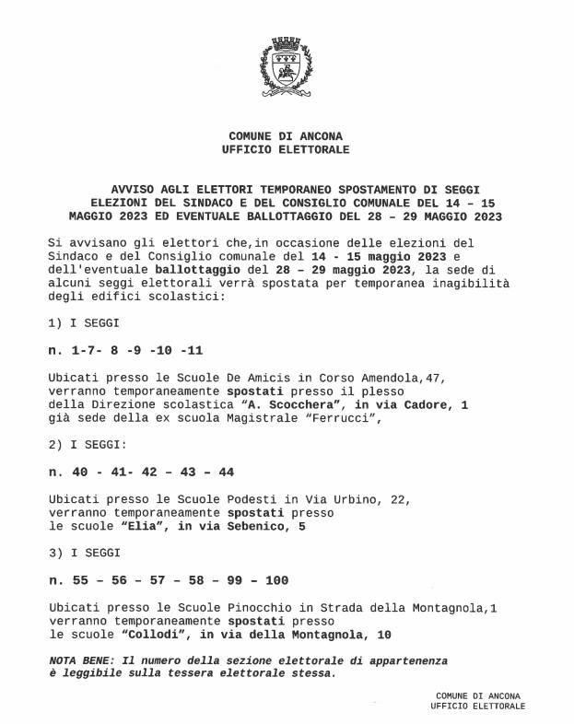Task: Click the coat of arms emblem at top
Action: click(x=287, y=65)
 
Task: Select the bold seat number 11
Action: click(x=194, y=351)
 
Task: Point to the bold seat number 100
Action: click(x=276, y=580)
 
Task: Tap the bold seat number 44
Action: click(x=225, y=472)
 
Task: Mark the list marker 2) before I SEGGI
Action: click(x=54, y=445)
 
